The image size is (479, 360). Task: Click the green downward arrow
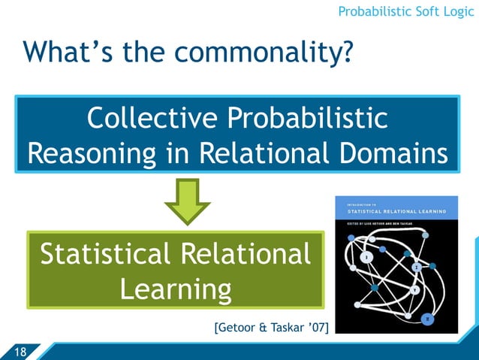pos(181,201)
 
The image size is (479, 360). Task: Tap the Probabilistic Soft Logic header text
pos(406,11)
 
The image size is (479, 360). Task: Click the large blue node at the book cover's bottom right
pos(427,318)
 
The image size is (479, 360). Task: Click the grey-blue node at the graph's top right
pos(425,235)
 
